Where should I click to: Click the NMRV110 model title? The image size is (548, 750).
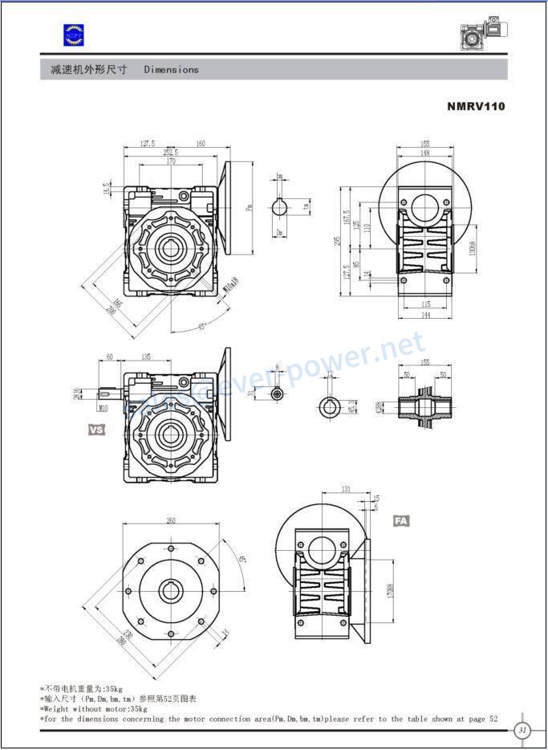pos(476,106)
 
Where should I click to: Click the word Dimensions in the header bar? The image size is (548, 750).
pos(171,70)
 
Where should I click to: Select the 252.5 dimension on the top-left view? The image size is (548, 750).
pos(171,152)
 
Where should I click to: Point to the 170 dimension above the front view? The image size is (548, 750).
pos(171,161)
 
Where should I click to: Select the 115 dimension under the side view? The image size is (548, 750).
pos(426,305)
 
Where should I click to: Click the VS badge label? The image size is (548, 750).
pos(96,430)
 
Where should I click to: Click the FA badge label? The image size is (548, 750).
pos(401,521)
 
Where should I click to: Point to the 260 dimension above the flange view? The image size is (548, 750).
pos(171,521)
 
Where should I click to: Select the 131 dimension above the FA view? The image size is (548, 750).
pos(346,489)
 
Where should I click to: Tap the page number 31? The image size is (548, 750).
pos(522,729)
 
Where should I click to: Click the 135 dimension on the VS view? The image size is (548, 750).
pos(147,357)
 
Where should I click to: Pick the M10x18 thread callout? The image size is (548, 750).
pos(232,284)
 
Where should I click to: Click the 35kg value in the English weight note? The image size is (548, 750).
pos(139,709)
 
